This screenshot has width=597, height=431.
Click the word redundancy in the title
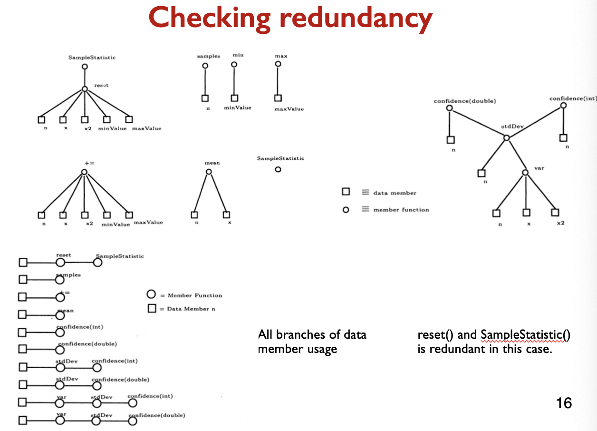coord(358,18)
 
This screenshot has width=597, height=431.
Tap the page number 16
coord(564,403)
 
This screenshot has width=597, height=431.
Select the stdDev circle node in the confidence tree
coord(507,137)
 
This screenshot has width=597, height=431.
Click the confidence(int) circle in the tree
coord(563,106)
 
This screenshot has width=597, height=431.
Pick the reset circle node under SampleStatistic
coord(84,89)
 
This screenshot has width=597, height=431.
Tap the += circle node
coord(84,172)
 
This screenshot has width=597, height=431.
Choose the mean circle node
coord(209,172)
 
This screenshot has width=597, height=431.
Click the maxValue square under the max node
coord(278,98)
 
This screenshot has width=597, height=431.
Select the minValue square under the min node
coord(234,98)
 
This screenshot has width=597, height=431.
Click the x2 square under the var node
coord(555,213)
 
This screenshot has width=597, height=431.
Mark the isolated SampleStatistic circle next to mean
coord(278,169)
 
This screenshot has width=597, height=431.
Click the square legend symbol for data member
coord(346,192)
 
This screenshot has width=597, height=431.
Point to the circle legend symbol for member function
coord(346,210)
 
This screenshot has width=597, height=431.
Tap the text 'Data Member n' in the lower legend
coord(191,309)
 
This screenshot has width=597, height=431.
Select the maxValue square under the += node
coord(129,215)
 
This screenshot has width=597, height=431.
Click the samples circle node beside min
coord(205,66)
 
